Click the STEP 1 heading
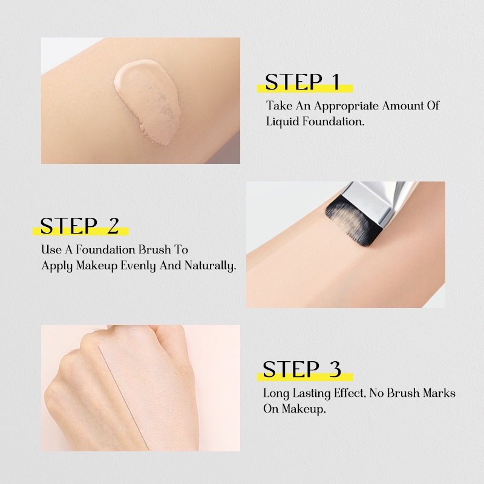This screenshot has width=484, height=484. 302,82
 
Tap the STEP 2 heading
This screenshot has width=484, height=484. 79,226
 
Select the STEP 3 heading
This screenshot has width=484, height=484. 301,369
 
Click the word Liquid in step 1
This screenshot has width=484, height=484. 283,122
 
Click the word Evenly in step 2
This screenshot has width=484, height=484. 138,266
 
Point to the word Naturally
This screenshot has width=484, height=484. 210,266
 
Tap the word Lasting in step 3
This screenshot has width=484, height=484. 311,394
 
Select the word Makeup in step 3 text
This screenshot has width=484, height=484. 304,410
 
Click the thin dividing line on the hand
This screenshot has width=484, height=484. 123,397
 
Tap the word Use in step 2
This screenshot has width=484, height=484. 51,250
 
